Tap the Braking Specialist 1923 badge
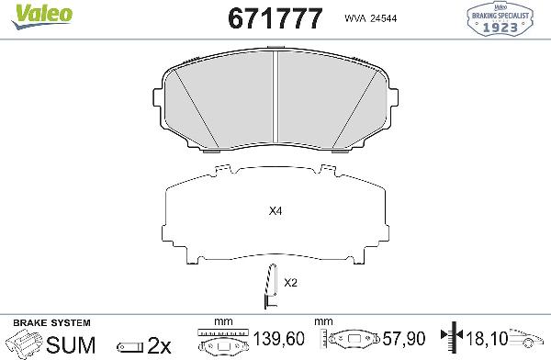509,19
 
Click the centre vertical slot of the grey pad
277,96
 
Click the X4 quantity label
274,211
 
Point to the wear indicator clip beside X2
270,286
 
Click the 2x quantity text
160,344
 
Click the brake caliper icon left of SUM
22,344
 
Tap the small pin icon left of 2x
129,345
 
